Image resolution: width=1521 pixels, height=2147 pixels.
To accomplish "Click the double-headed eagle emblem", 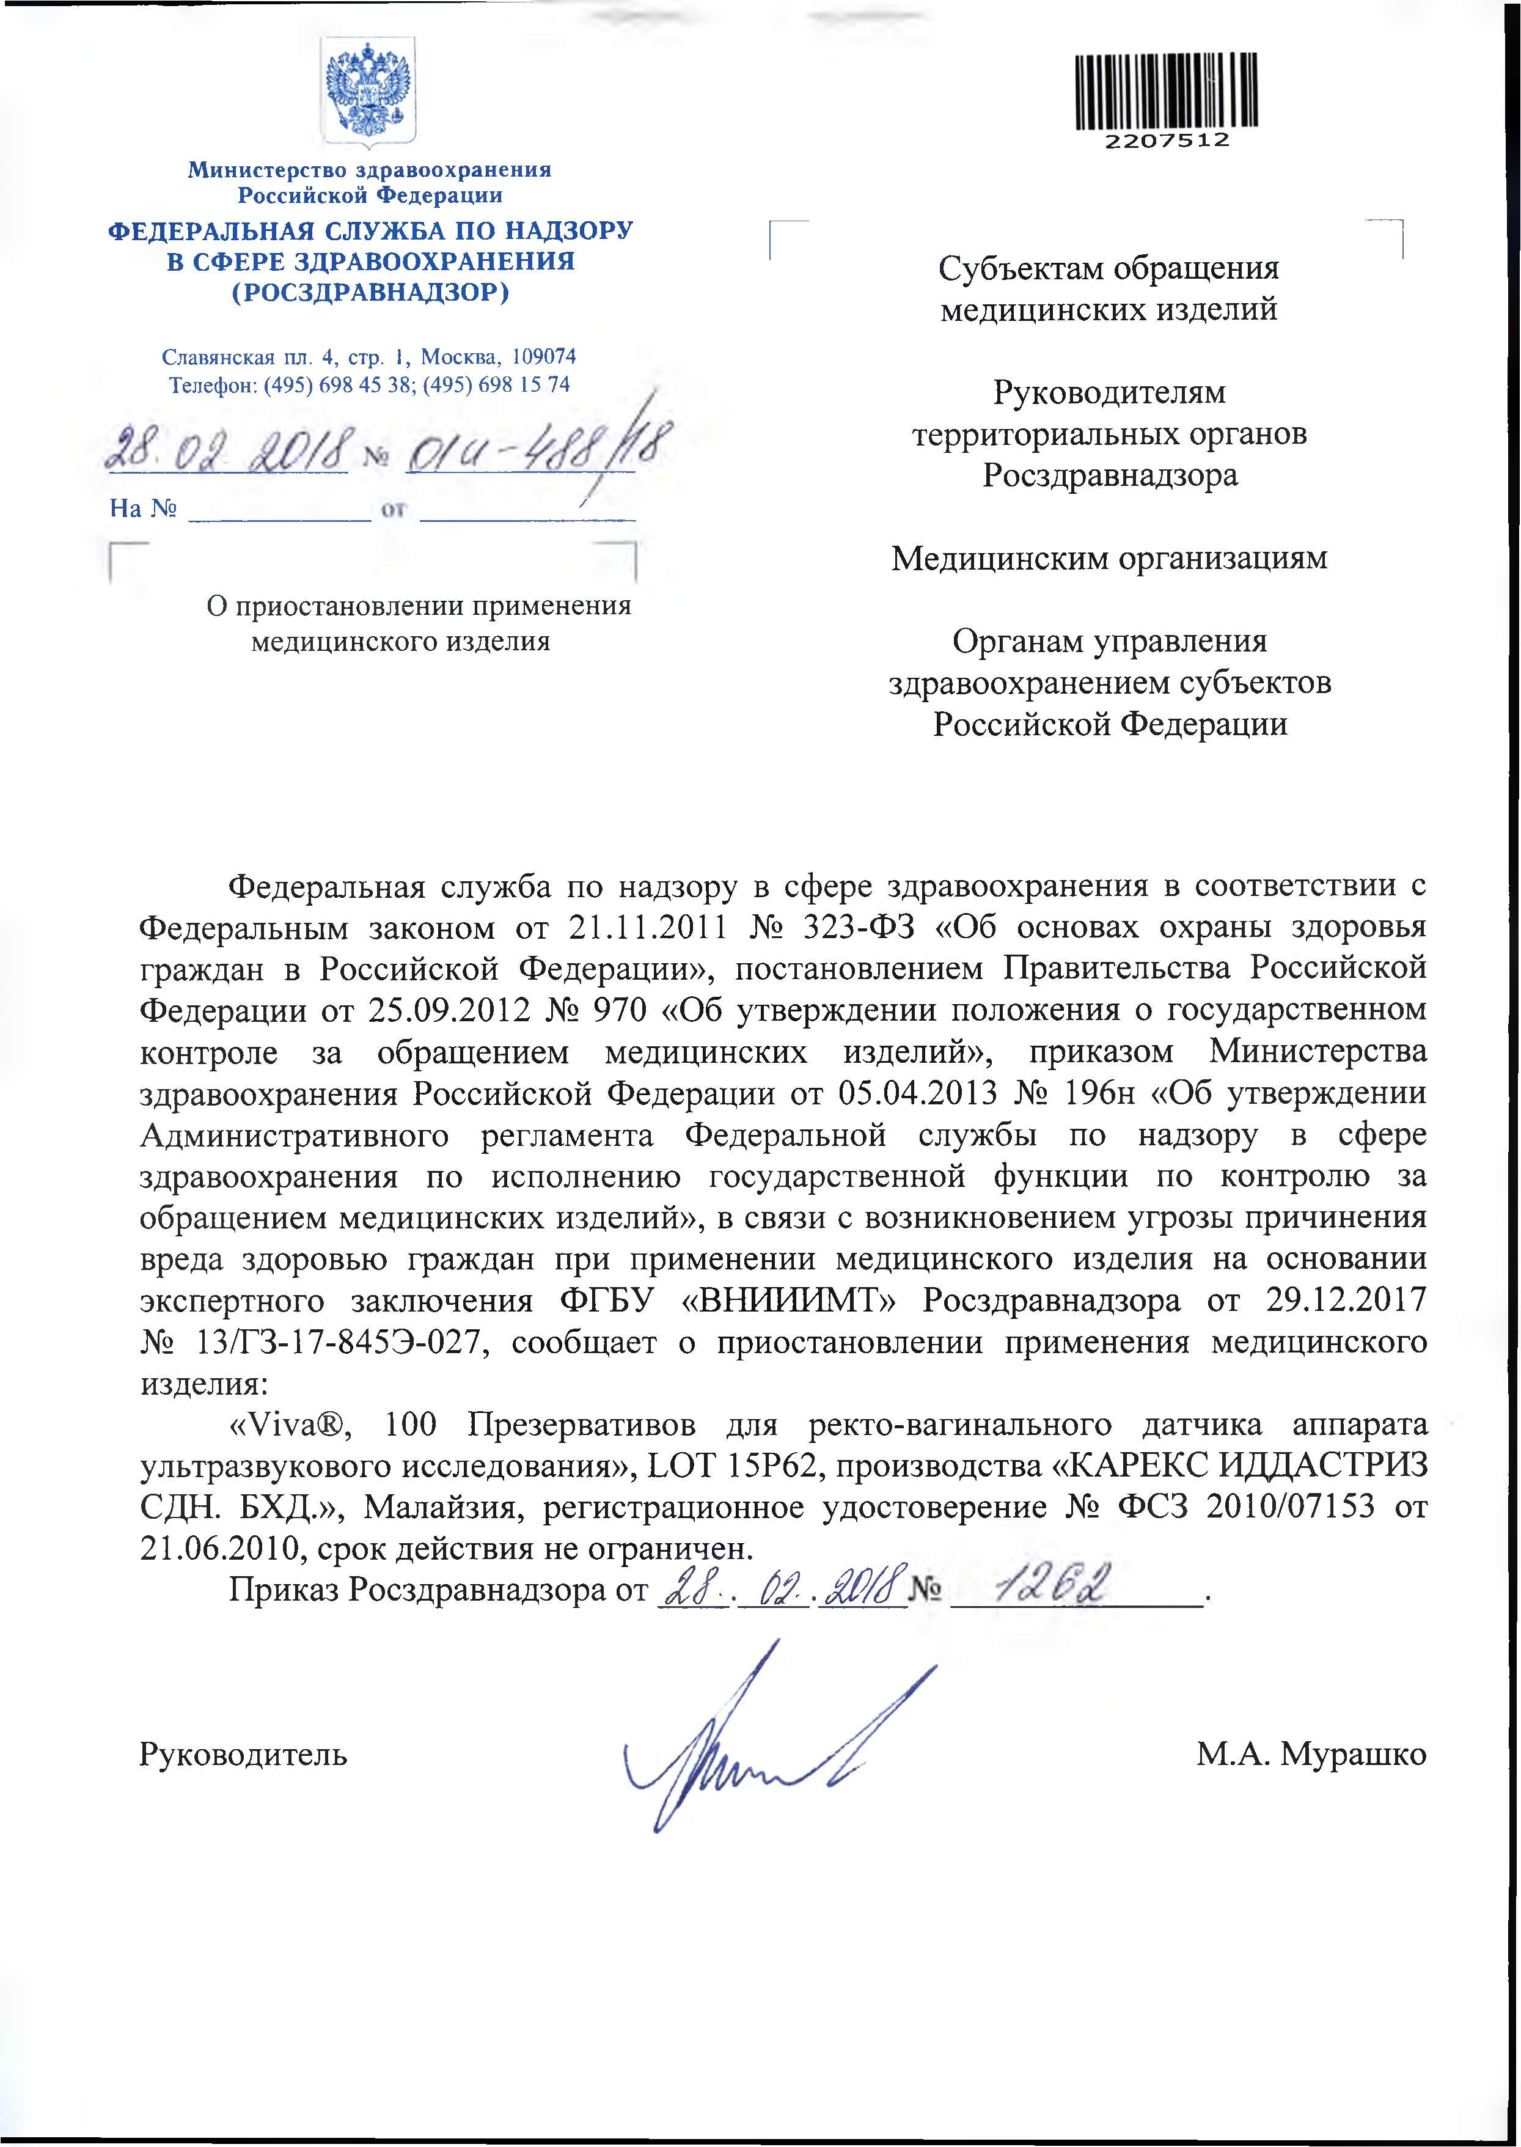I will point(369,93).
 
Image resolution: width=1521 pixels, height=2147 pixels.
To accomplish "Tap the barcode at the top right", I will point(1166,91).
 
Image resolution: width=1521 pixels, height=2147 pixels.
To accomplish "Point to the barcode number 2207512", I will point(1166,141).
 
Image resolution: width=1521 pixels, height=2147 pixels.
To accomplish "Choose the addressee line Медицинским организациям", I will point(1109,559).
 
